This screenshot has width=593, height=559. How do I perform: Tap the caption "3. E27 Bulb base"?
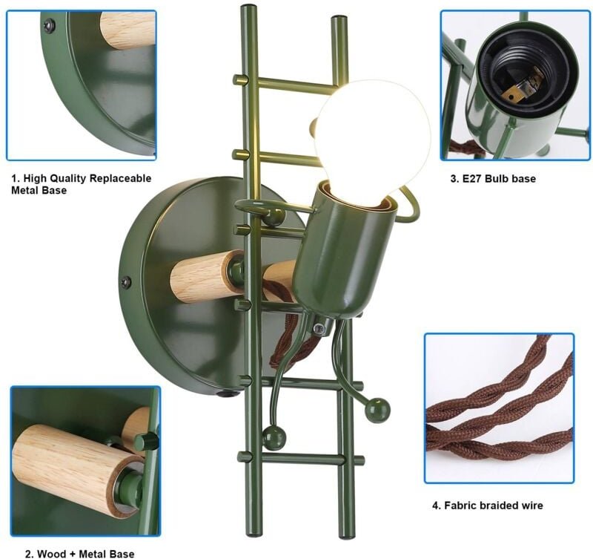tap(493, 179)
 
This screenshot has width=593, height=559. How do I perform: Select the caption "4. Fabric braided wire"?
tap(488, 506)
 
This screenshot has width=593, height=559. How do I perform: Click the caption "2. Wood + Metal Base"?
tap(79, 554)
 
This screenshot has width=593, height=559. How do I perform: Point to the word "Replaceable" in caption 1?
tap(119, 178)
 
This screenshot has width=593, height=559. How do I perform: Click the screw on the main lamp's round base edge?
tap(126, 282)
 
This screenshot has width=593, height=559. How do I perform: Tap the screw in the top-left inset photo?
tap(49, 26)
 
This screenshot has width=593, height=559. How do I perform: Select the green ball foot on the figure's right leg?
tap(377, 409)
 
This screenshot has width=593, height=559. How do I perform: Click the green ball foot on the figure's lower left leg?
tap(274, 436)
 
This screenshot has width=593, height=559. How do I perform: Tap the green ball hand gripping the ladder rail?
tap(272, 217)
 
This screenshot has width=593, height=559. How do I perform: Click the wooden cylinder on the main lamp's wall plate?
tap(207, 276)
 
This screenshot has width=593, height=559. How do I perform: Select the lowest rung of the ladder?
tap(301, 459)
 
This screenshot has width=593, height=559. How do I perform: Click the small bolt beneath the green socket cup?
tap(319, 329)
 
